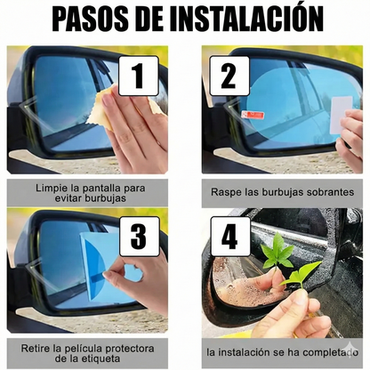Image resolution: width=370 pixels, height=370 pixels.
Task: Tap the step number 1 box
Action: [x=137, y=76]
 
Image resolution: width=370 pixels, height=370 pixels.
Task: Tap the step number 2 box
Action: [x=229, y=76]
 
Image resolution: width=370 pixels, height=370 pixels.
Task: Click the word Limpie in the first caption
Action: [x=55, y=189]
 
